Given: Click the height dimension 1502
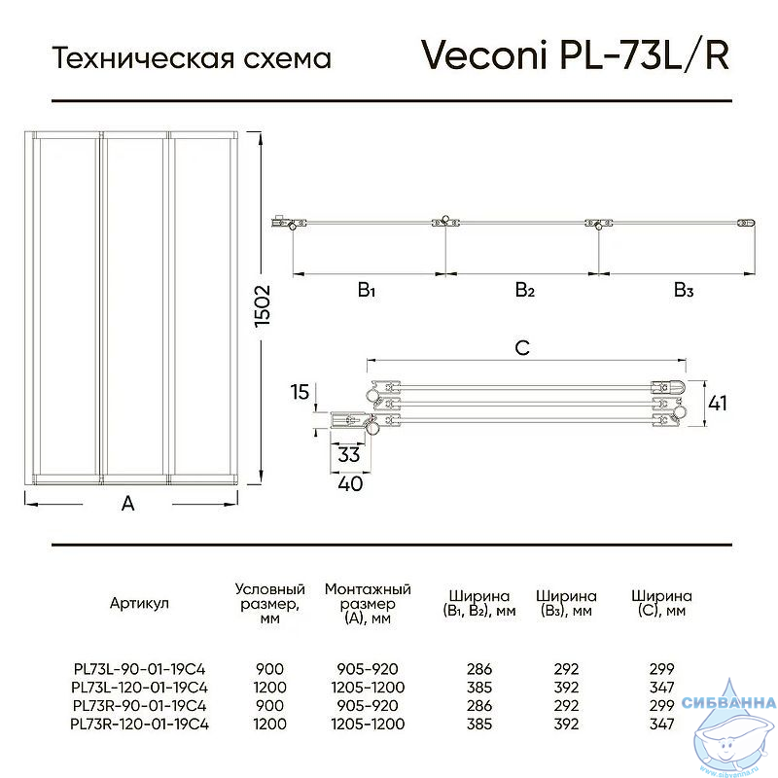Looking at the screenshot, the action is tap(263, 305).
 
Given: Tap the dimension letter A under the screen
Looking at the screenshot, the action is tap(128, 504).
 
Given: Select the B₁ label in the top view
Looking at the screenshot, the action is tap(367, 290).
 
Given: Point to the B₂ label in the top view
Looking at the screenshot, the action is tap(525, 290).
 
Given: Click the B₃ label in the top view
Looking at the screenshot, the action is tap(684, 290).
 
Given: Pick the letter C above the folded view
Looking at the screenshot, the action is tap(522, 348).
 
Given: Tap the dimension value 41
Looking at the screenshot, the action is tap(718, 404).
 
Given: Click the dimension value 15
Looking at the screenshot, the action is tap(300, 392).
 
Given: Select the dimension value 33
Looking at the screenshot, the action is tap(348, 454).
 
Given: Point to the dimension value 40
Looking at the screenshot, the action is tap(350, 483).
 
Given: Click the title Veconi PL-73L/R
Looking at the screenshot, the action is tap(576, 54).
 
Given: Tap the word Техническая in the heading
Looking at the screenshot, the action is tap(143, 57).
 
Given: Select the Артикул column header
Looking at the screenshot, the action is tap(139, 603).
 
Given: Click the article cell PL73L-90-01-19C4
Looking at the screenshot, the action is tap(139, 669).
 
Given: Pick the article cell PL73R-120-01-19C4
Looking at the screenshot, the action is tap(139, 724).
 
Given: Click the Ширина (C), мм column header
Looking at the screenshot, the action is tap(661, 603).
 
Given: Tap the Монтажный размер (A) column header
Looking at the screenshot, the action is tap(368, 604).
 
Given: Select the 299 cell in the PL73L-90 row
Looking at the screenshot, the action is tap(662, 669).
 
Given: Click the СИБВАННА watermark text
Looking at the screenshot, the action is tap(728, 702).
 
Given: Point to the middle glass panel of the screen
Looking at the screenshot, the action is tap(135, 305).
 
